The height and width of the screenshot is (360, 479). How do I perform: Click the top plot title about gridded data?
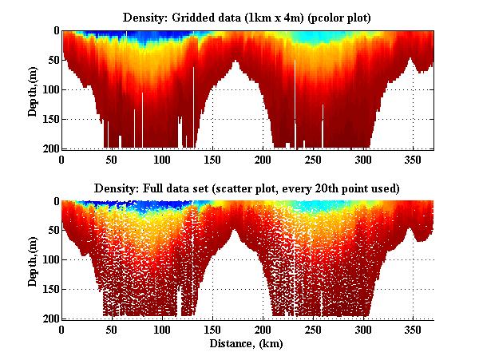pyautogui.click(x=247, y=17)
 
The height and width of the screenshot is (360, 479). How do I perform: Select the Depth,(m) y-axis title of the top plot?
pyautogui.click(x=34, y=89)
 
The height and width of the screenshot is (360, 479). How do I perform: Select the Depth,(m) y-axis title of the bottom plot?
pyautogui.click(x=34, y=260)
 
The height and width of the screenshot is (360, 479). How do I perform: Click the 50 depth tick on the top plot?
pyautogui.click(x=49, y=60)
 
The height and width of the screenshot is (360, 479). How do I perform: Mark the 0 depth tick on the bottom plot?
pyautogui.click(x=53, y=201)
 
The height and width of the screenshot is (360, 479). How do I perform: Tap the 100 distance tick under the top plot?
pyautogui.click(x=162, y=160)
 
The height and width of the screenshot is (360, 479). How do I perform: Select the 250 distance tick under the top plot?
pyautogui.click(x=313, y=160)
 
